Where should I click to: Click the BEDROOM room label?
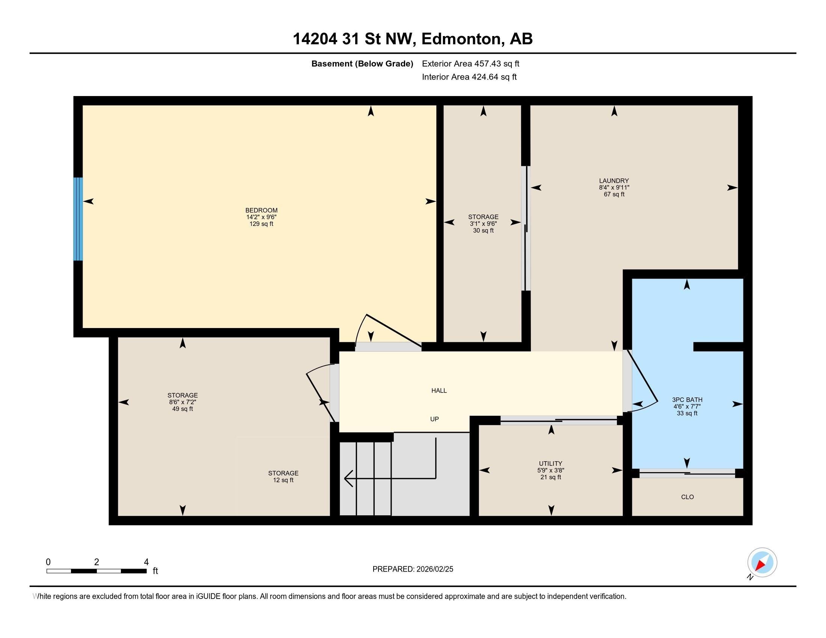coord(261,210)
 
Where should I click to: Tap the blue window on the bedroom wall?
coord(78,219)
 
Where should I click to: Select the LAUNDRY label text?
coord(614,181)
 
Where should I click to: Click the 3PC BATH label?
coord(687,400)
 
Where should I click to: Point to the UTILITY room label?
coord(550,463)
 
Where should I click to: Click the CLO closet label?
coord(687,497)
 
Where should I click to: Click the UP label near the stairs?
coord(434,419)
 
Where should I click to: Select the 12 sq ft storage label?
coord(283,480)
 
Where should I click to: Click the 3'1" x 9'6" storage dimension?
coord(483,224)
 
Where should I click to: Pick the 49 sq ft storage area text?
coord(182,409)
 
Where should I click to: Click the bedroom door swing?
coord(390,330)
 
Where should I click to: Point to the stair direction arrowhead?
coord(348,478)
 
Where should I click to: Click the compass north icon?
coord(762,563)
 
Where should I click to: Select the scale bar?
coord(96,571)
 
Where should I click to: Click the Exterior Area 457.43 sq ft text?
coord(470,64)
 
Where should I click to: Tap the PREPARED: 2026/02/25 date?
coord(413,569)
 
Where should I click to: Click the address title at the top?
coord(413,39)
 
